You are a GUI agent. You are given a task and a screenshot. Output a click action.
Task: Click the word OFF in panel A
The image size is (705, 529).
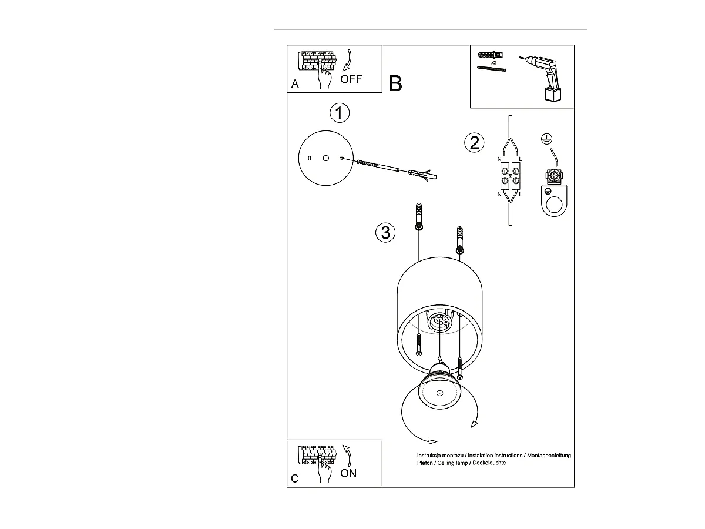click(x=351, y=79)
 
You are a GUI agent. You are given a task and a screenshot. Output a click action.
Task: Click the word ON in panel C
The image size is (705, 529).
click(x=348, y=473)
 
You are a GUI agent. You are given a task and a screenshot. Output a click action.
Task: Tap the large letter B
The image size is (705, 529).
click(x=395, y=83)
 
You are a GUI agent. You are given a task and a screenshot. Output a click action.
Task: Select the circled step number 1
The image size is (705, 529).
click(x=339, y=113)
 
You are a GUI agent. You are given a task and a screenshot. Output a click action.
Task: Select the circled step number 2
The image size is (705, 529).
click(x=474, y=142)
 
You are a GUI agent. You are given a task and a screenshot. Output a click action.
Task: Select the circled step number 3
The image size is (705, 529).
click(x=385, y=233)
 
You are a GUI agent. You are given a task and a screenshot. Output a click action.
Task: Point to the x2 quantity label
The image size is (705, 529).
click(x=493, y=62)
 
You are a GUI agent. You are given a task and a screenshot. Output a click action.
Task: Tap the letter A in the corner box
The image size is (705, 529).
click(x=295, y=85)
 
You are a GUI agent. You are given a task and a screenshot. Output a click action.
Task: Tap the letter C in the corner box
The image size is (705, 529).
click(x=295, y=478)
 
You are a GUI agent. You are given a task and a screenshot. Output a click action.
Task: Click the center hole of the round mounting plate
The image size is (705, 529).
click(x=325, y=158)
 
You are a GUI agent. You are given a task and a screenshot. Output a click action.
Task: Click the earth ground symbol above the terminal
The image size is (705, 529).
click(x=545, y=139)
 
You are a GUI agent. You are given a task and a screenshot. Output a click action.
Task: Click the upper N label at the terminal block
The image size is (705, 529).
click(x=500, y=159)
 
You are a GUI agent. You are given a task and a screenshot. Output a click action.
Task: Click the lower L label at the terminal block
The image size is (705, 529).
click(x=521, y=195)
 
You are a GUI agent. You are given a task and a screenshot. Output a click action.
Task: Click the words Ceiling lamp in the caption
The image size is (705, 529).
click(x=458, y=463)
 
